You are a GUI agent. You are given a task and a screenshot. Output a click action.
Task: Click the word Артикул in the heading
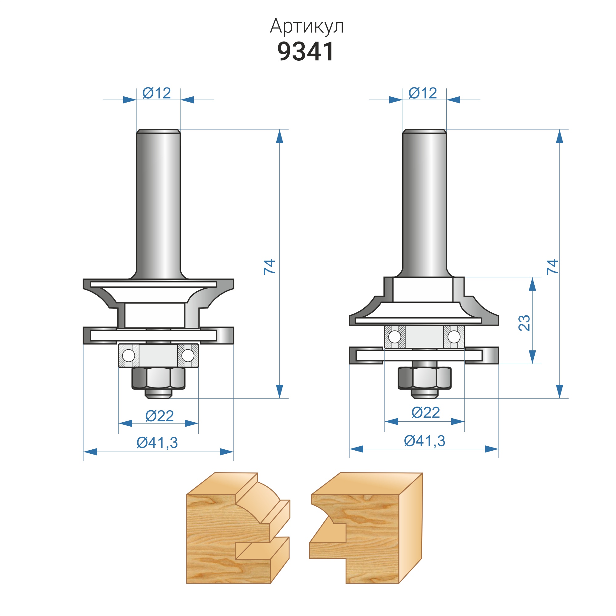pyautogui.click(x=307, y=26)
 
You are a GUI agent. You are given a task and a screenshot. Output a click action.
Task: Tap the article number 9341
pyautogui.click(x=306, y=51)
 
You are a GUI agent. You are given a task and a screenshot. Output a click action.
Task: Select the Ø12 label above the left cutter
pyautogui.click(x=156, y=93)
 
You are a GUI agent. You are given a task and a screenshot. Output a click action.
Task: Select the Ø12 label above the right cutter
pyautogui.click(x=423, y=93)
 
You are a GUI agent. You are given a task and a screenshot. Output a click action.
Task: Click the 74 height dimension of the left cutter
pyautogui.click(x=269, y=266)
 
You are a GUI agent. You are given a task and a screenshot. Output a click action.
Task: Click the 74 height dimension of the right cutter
pyautogui.click(x=553, y=266)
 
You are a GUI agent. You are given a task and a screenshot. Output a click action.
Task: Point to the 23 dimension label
pyautogui.click(x=525, y=323)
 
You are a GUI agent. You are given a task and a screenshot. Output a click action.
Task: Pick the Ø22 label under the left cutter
pyautogui.click(x=160, y=416)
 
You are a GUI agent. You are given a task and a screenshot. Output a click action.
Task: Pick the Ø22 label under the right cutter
pyautogui.click(x=426, y=413)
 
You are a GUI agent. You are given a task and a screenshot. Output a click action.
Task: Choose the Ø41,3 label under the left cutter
pyautogui.click(x=157, y=443)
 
